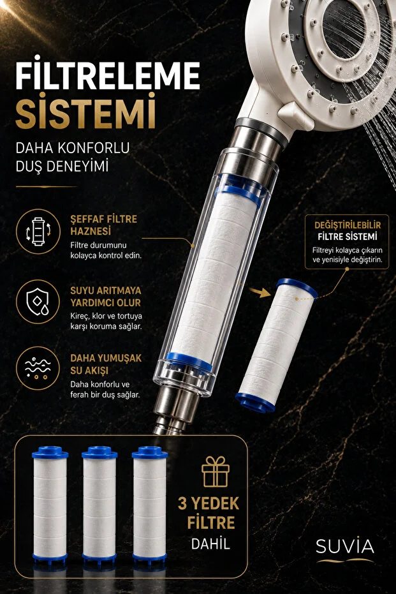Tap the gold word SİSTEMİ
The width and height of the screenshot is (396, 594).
(85, 111)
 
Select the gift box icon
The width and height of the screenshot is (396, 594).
(216, 471)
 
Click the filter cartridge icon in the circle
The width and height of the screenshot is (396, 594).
(38, 231)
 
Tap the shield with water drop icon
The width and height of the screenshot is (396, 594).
(38, 302)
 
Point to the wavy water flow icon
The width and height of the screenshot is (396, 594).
(38, 368)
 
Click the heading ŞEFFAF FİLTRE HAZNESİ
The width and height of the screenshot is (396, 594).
(104, 225)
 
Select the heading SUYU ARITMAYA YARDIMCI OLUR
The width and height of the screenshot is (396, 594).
(106, 297)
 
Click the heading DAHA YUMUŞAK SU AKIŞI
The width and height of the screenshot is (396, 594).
(106, 364)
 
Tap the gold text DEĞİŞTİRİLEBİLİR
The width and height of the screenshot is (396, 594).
(348, 225)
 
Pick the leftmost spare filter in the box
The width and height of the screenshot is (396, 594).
(50, 504)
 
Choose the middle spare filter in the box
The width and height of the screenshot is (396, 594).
(99, 504)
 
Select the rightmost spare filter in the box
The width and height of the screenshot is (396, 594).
(150, 504)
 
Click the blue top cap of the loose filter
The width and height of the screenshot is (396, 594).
(297, 288)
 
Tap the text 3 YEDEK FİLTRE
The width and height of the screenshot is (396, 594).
(209, 513)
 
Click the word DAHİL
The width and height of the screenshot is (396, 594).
(210, 544)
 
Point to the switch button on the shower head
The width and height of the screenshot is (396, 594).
(295, 114)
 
